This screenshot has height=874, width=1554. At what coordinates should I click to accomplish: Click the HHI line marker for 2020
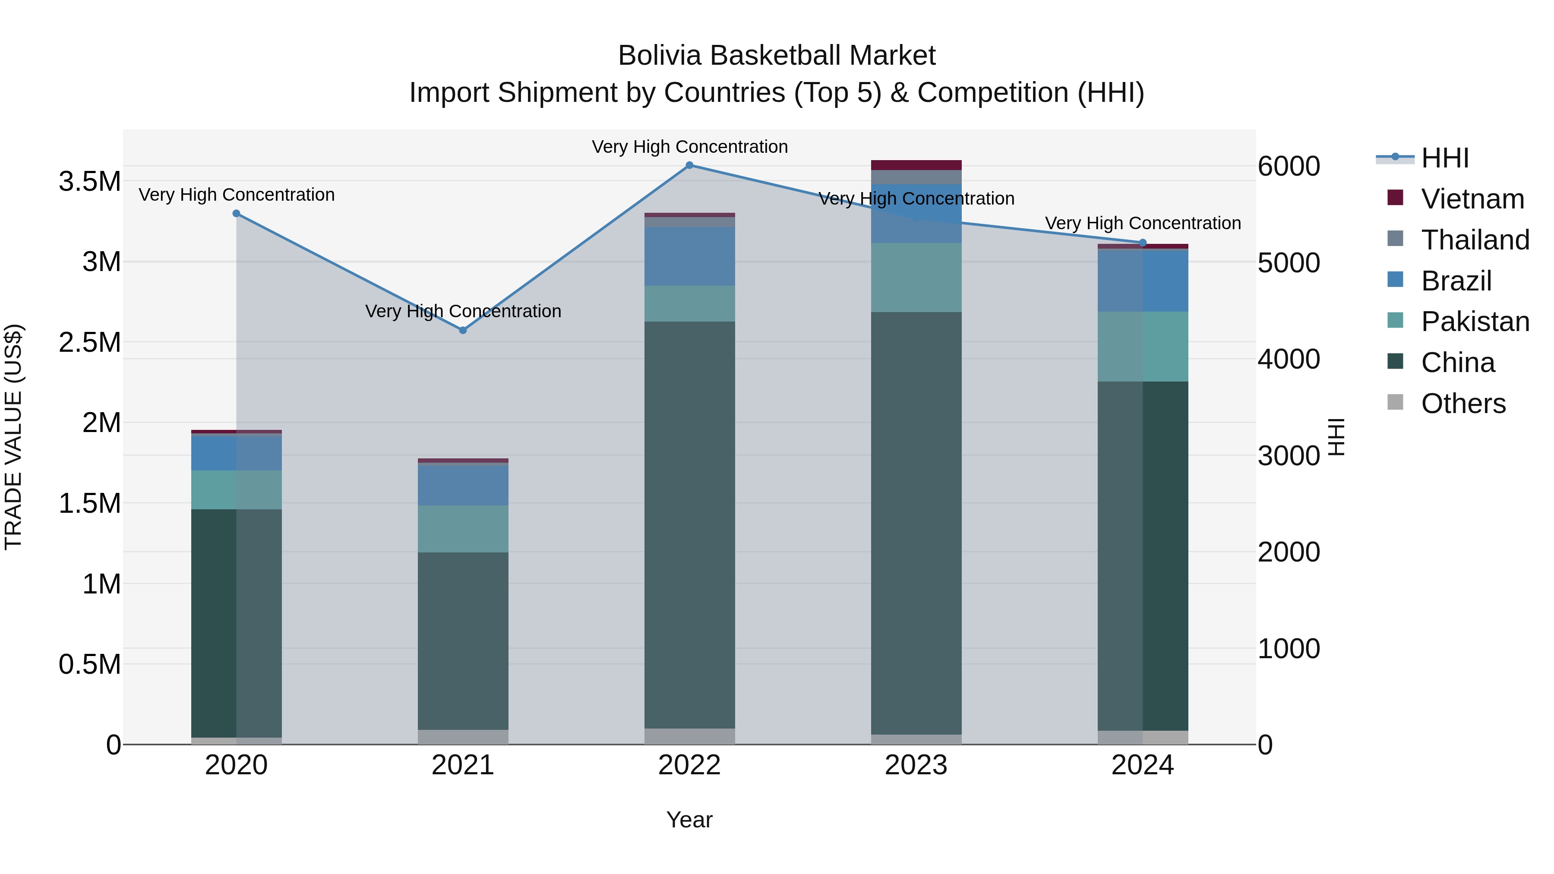237,214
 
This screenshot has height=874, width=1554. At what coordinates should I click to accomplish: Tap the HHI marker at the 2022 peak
689,165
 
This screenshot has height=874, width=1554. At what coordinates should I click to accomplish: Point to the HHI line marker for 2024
1143,243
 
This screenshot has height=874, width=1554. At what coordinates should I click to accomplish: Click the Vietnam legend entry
1472,199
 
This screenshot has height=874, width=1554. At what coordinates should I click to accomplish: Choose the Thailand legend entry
1475,240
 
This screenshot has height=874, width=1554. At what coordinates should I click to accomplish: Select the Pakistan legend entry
1475,322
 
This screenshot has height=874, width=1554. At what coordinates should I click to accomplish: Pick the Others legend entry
1463,404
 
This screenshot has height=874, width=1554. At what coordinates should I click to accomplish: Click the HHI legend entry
1444,158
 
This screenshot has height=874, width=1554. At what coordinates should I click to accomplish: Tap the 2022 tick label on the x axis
689,765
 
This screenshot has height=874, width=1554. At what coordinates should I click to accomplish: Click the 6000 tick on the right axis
1289,167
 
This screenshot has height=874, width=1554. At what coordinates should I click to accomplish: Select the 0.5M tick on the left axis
90,665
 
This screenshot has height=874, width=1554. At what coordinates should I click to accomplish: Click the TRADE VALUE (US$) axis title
13,437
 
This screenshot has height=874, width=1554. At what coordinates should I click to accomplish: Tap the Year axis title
689,820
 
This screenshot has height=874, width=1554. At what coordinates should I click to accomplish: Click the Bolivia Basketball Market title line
777,56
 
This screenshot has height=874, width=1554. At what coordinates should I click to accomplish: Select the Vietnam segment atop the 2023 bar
916,165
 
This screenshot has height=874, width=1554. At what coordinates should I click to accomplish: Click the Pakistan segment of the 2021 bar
463,529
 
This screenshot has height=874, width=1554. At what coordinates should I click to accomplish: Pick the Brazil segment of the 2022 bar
689,256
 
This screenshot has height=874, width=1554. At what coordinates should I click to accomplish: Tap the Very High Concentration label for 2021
463,311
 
